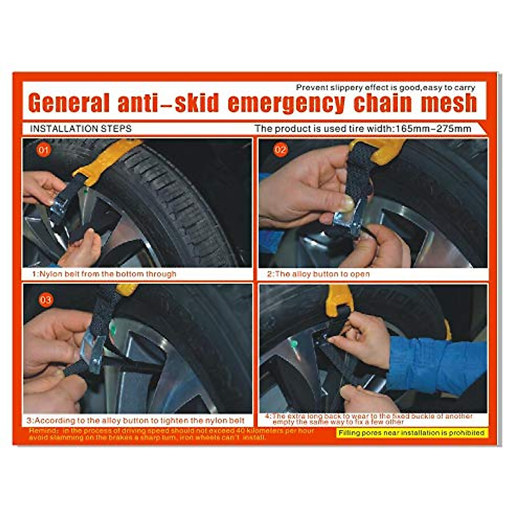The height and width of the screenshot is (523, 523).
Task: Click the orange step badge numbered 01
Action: [x=44, y=151]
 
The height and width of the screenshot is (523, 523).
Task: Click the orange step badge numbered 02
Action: [x=280, y=150]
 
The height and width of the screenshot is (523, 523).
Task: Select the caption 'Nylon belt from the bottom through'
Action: [x=105, y=274]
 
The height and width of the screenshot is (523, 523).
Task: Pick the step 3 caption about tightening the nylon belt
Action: [x=135, y=421]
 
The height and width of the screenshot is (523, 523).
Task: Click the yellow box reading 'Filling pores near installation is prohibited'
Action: [x=411, y=433]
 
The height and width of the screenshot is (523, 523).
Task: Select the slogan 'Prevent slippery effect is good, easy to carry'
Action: [x=385, y=88]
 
